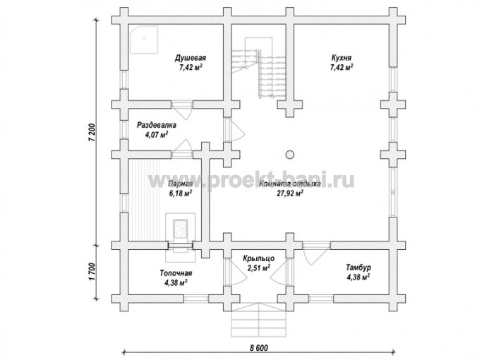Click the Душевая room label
pos(190,58)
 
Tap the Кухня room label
pos(342,58)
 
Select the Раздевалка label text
pos(157,125)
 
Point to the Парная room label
pos(181,184)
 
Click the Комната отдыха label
pos(290,184)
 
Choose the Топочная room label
pos(176,273)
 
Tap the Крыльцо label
pos(258,258)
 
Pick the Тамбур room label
pos(358,268)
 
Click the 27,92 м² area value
pos(290,193)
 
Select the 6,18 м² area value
pos(181,193)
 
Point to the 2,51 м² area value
pos(259,268)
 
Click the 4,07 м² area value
pos(157,135)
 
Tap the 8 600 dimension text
pos(259,347)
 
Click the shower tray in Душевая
pos(143,40)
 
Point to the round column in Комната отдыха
pos(290,155)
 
